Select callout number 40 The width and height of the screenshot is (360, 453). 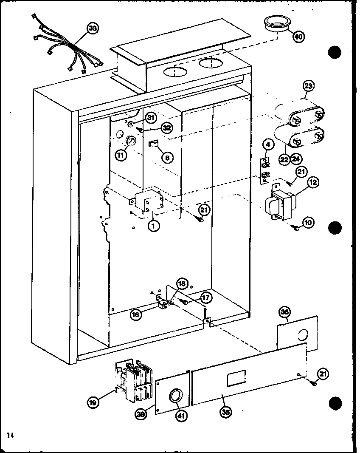tap(298, 37)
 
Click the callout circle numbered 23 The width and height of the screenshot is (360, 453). tap(309, 86)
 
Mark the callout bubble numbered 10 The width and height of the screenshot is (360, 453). tap(309, 222)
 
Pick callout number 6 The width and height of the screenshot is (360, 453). tap(167, 157)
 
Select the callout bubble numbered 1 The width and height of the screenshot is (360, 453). tap(154, 226)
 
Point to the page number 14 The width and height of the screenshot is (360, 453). tap(9, 435)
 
